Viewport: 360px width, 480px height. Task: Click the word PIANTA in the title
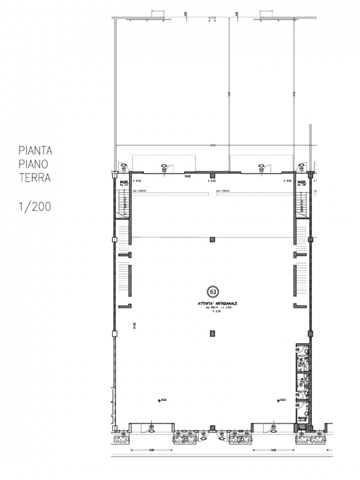coord(35,149)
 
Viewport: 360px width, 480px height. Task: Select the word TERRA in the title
coord(34,178)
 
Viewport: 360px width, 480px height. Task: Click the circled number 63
coord(212,292)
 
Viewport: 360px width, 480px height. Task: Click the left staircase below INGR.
coord(122,203)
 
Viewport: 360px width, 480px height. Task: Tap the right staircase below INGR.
coord(302,203)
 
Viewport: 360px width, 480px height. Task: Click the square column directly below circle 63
coord(212,334)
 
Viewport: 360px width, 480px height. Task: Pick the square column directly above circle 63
coord(212,240)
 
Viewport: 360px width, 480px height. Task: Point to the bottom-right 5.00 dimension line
coord(273,450)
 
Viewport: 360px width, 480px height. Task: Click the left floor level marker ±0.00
coord(161,400)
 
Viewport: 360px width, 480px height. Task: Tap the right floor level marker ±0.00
coord(280,400)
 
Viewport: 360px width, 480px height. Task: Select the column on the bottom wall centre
coord(212,428)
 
